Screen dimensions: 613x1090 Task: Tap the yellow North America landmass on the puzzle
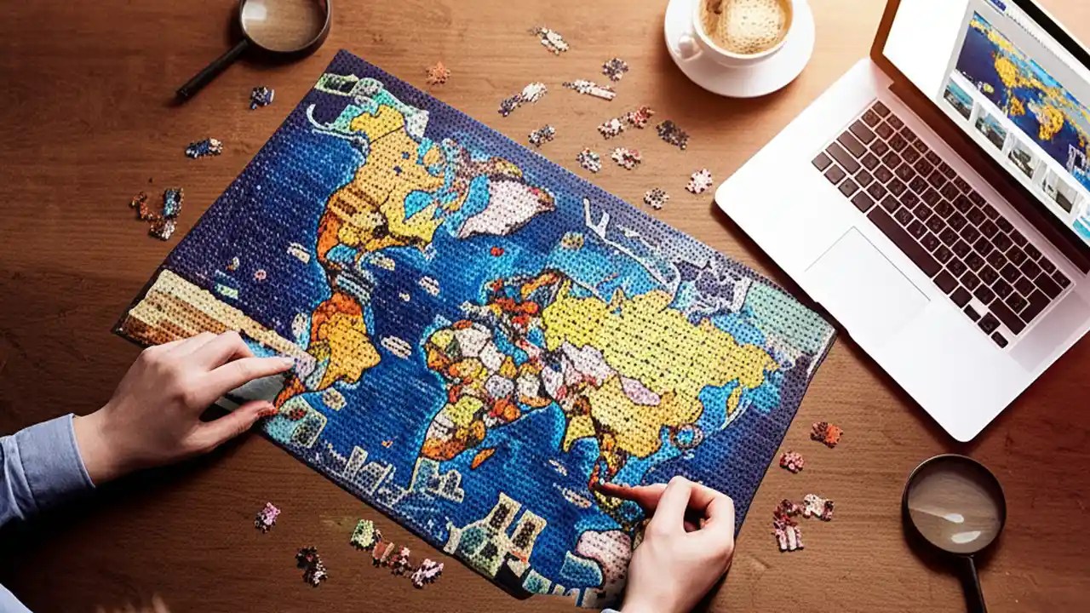[383, 170]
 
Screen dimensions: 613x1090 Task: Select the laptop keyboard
[937, 213]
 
